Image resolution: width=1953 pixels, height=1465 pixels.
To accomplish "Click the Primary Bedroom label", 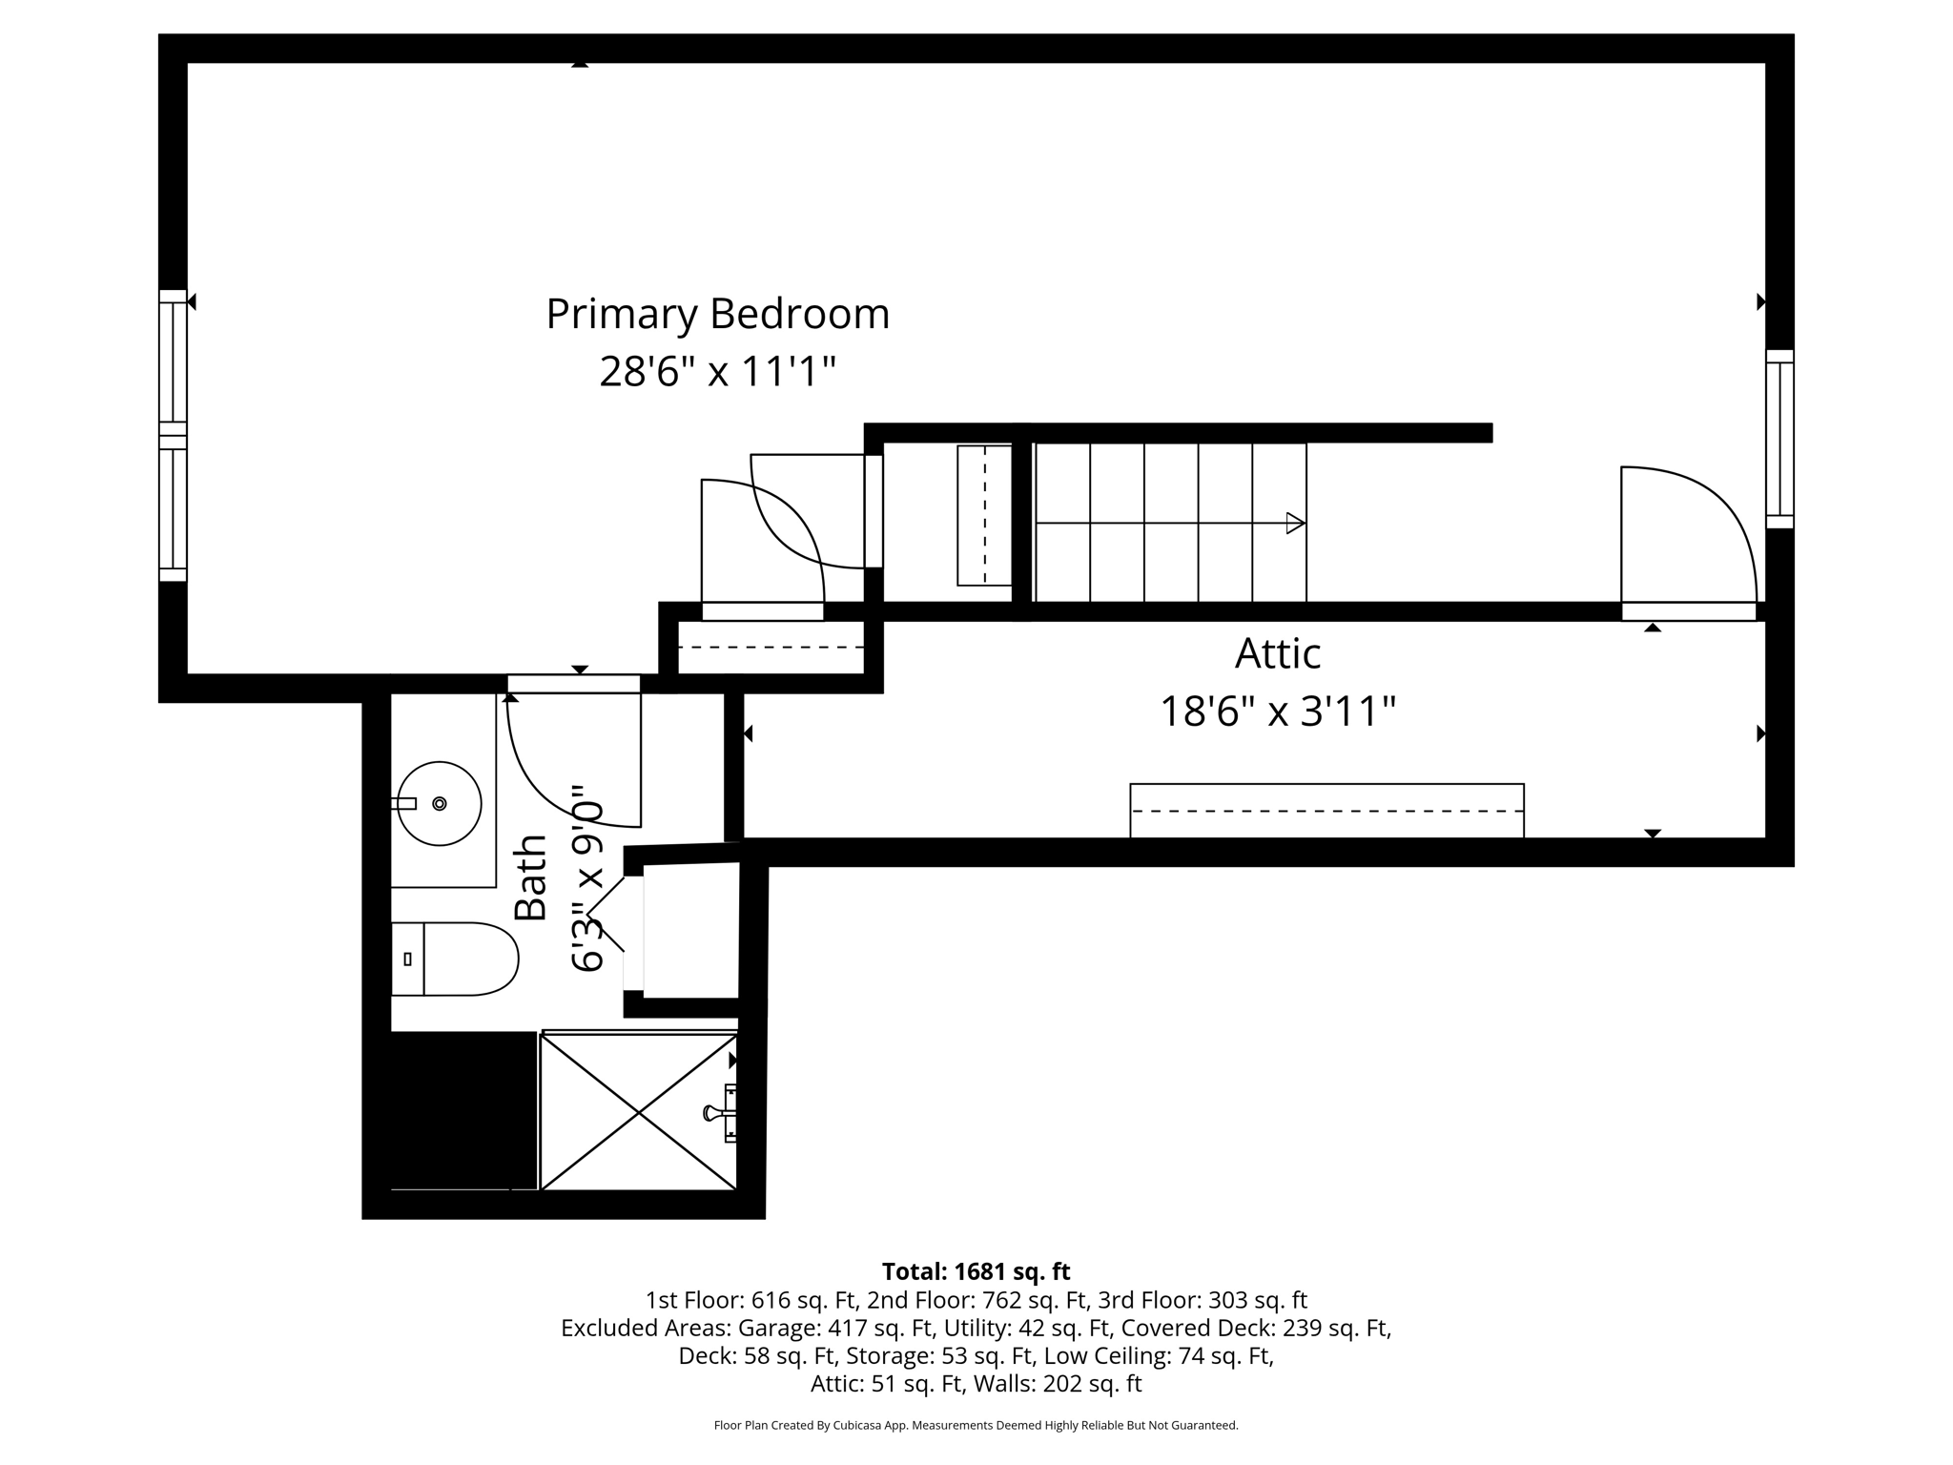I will [x=717, y=314].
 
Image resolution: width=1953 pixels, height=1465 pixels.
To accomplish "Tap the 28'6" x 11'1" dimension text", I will [x=717, y=371].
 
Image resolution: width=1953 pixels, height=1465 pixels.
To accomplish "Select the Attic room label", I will [x=1277, y=654].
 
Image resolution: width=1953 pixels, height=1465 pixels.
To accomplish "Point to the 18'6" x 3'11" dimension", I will [x=1277, y=712].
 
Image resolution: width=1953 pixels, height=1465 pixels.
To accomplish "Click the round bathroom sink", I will [x=439, y=803].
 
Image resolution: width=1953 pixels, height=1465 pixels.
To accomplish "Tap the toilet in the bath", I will [x=458, y=959].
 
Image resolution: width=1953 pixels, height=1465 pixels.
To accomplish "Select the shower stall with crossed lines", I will [x=638, y=1112].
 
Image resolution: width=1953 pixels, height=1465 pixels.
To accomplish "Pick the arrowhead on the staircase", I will [x=1295, y=523].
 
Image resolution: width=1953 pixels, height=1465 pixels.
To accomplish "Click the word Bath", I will [x=531, y=877].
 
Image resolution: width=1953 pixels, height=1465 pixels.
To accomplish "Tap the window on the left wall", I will [x=173, y=435].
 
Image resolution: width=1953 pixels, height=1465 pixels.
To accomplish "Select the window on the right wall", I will [x=1779, y=439].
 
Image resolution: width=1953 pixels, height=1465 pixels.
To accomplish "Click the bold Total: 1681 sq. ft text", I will [x=976, y=1271].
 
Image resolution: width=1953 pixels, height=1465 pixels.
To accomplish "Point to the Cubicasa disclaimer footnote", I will [x=976, y=1426].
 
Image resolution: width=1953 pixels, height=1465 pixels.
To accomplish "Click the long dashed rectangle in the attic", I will [x=1326, y=811].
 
